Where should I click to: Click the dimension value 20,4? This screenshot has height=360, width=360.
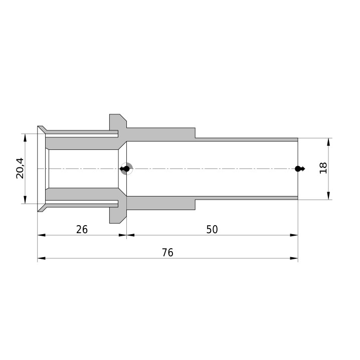tap(20, 168)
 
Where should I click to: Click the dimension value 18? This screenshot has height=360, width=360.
tap(323, 168)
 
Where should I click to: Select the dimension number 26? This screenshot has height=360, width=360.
tap(82, 229)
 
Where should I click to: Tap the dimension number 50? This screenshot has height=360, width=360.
tap(212, 229)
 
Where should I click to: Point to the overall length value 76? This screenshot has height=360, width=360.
tap(167, 253)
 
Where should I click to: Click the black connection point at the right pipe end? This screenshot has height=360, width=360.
tap(298, 169)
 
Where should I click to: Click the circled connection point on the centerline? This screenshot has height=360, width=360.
tap(126, 169)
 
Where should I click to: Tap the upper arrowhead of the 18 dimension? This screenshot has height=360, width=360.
tap(328, 142)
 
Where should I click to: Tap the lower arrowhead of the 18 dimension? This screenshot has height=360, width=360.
tap(328, 196)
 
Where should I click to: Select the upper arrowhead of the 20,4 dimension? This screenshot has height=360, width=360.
tap(25, 138)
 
